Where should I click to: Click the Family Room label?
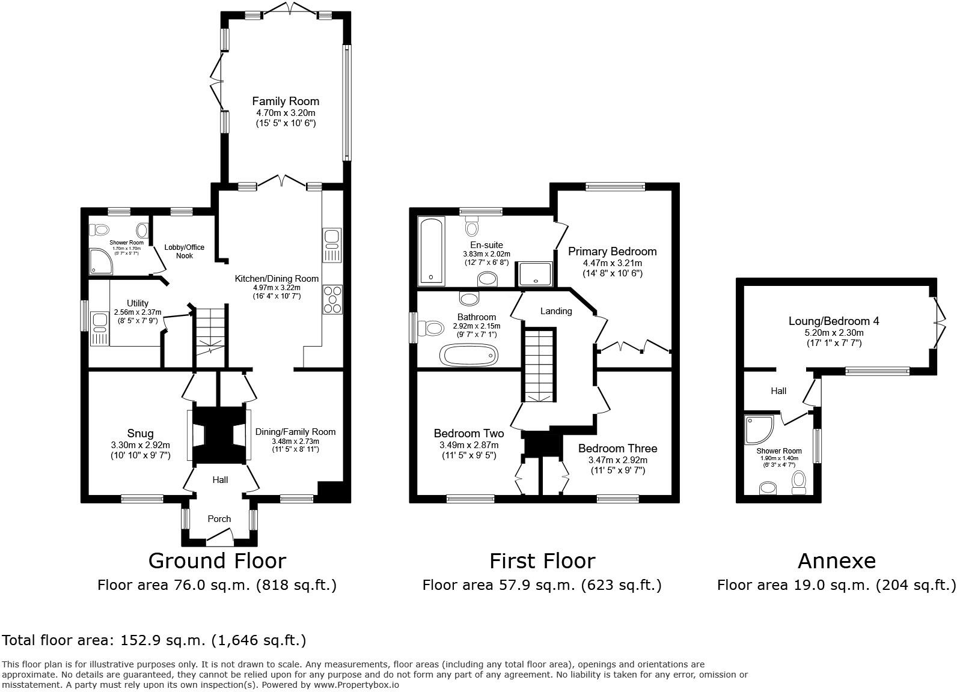(286, 101)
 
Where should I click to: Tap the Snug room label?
(140, 433)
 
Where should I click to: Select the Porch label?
(219, 518)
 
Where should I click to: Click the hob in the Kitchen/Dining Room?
(332, 300)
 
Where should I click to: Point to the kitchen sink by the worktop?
(332, 245)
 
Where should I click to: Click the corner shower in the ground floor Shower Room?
(101, 261)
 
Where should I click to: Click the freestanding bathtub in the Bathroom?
(469, 356)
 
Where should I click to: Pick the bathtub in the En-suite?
(432, 252)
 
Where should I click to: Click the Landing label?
(556, 311)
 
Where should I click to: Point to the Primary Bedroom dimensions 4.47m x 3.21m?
(612, 263)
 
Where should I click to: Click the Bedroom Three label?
(617, 448)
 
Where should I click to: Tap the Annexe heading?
(837, 561)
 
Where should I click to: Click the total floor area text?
(154, 640)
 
